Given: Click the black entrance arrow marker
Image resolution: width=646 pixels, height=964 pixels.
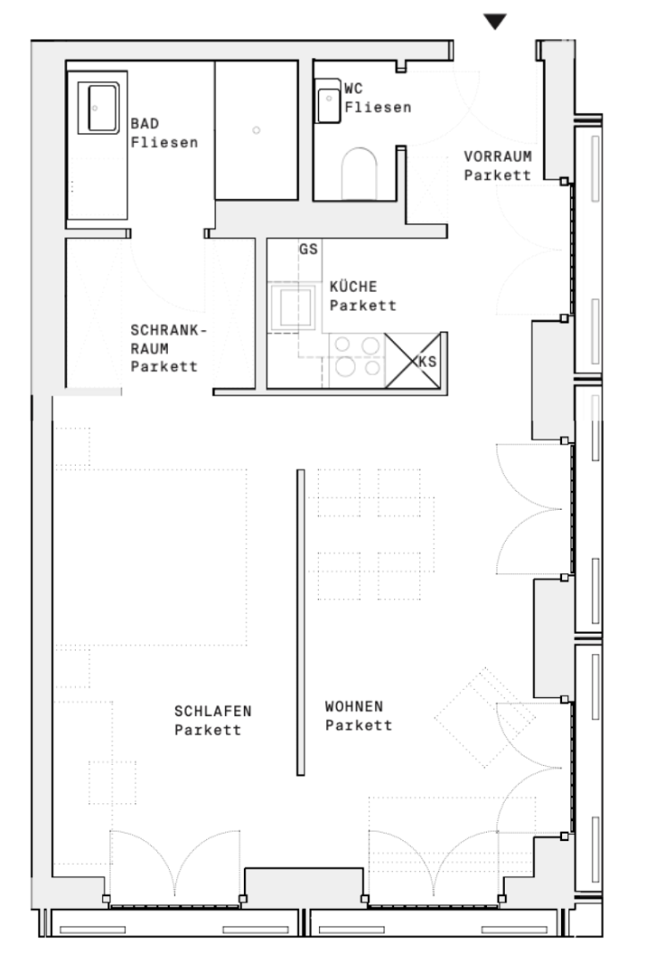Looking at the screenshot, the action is click(x=495, y=21).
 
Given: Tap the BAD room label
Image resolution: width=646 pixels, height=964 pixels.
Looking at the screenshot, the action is click(x=145, y=123).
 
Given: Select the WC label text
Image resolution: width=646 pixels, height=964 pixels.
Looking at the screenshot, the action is click(x=353, y=88).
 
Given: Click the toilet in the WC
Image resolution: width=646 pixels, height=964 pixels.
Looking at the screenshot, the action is click(x=358, y=174).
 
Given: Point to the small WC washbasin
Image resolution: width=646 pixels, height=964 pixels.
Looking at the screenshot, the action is click(x=328, y=102).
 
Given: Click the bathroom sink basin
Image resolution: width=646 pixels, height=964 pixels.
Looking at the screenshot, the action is click(x=98, y=108).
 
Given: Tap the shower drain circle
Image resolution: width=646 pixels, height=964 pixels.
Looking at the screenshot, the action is click(x=256, y=129).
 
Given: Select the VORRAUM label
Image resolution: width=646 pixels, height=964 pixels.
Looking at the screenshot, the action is click(x=498, y=156).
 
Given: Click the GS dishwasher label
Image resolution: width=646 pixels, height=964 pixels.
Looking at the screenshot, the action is click(x=308, y=249).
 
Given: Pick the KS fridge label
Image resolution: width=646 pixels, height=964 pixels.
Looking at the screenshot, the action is click(x=427, y=361).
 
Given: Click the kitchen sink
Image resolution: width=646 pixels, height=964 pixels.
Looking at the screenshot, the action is click(x=293, y=306).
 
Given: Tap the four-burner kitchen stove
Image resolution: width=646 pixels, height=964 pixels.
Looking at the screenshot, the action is click(x=357, y=357).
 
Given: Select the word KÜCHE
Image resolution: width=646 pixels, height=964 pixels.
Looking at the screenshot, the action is click(x=353, y=287).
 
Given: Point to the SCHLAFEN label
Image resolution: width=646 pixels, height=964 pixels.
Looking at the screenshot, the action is click(x=213, y=711).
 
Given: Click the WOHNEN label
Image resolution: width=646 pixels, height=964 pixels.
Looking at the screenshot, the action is click(x=354, y=706).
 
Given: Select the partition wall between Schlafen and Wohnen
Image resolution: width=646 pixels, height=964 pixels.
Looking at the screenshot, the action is click(x=301, y=622).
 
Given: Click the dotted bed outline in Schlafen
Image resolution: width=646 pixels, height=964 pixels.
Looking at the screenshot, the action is click(x=151, y=557).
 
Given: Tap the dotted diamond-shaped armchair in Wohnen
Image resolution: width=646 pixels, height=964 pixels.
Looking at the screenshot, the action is click(x=485, y=718).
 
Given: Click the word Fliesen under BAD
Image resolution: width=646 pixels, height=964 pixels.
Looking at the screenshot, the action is click(x=164, y=143).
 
